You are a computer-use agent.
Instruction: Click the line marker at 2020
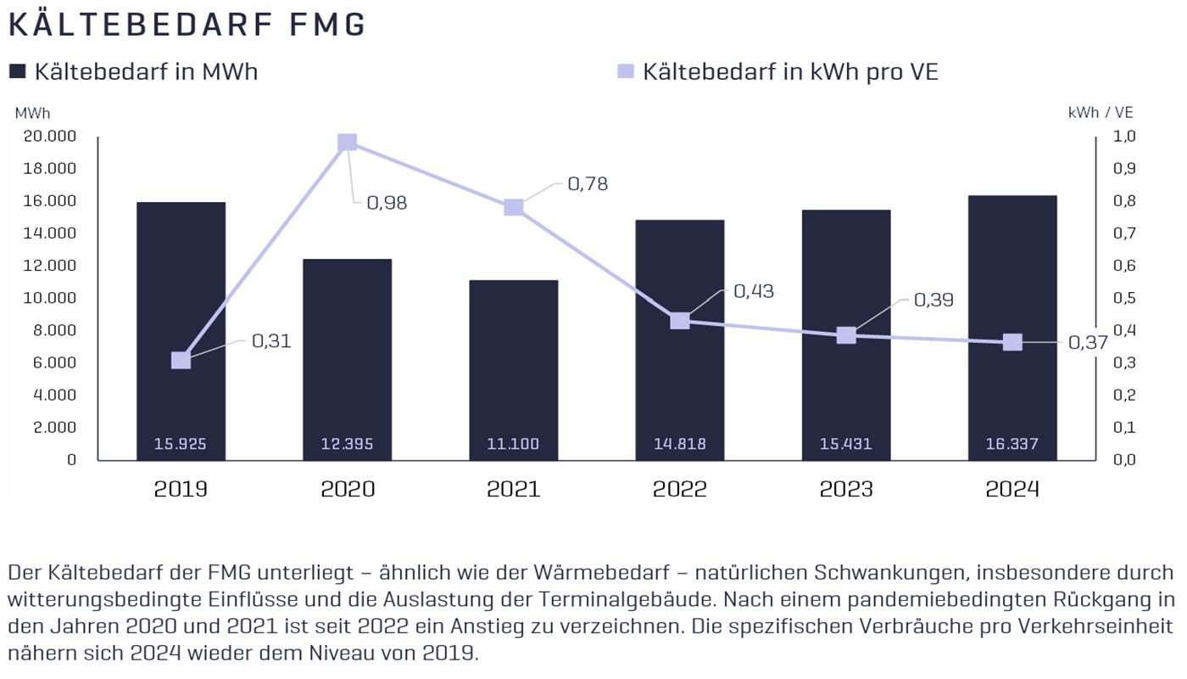(x=347, y=142)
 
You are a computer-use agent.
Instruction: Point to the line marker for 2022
(x=680, y=321)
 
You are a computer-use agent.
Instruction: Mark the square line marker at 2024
(x=1012, y=342)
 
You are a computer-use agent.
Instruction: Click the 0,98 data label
(x=387, y=203)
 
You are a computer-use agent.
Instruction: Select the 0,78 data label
(x=588, y=184)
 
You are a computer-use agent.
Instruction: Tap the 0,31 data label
(x=271, y=341)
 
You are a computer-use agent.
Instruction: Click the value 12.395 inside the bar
(x=347, y=444)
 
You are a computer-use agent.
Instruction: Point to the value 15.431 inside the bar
(x=846, y=444)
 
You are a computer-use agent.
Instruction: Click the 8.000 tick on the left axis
(x=55, y=330)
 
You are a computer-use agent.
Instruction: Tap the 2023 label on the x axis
(x=846, y=490)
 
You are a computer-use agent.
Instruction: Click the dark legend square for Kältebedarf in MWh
(x=18, y=72)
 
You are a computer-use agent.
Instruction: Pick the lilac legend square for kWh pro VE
(x=626, y=72)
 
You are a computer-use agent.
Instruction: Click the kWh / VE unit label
(x=1101, y=112)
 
